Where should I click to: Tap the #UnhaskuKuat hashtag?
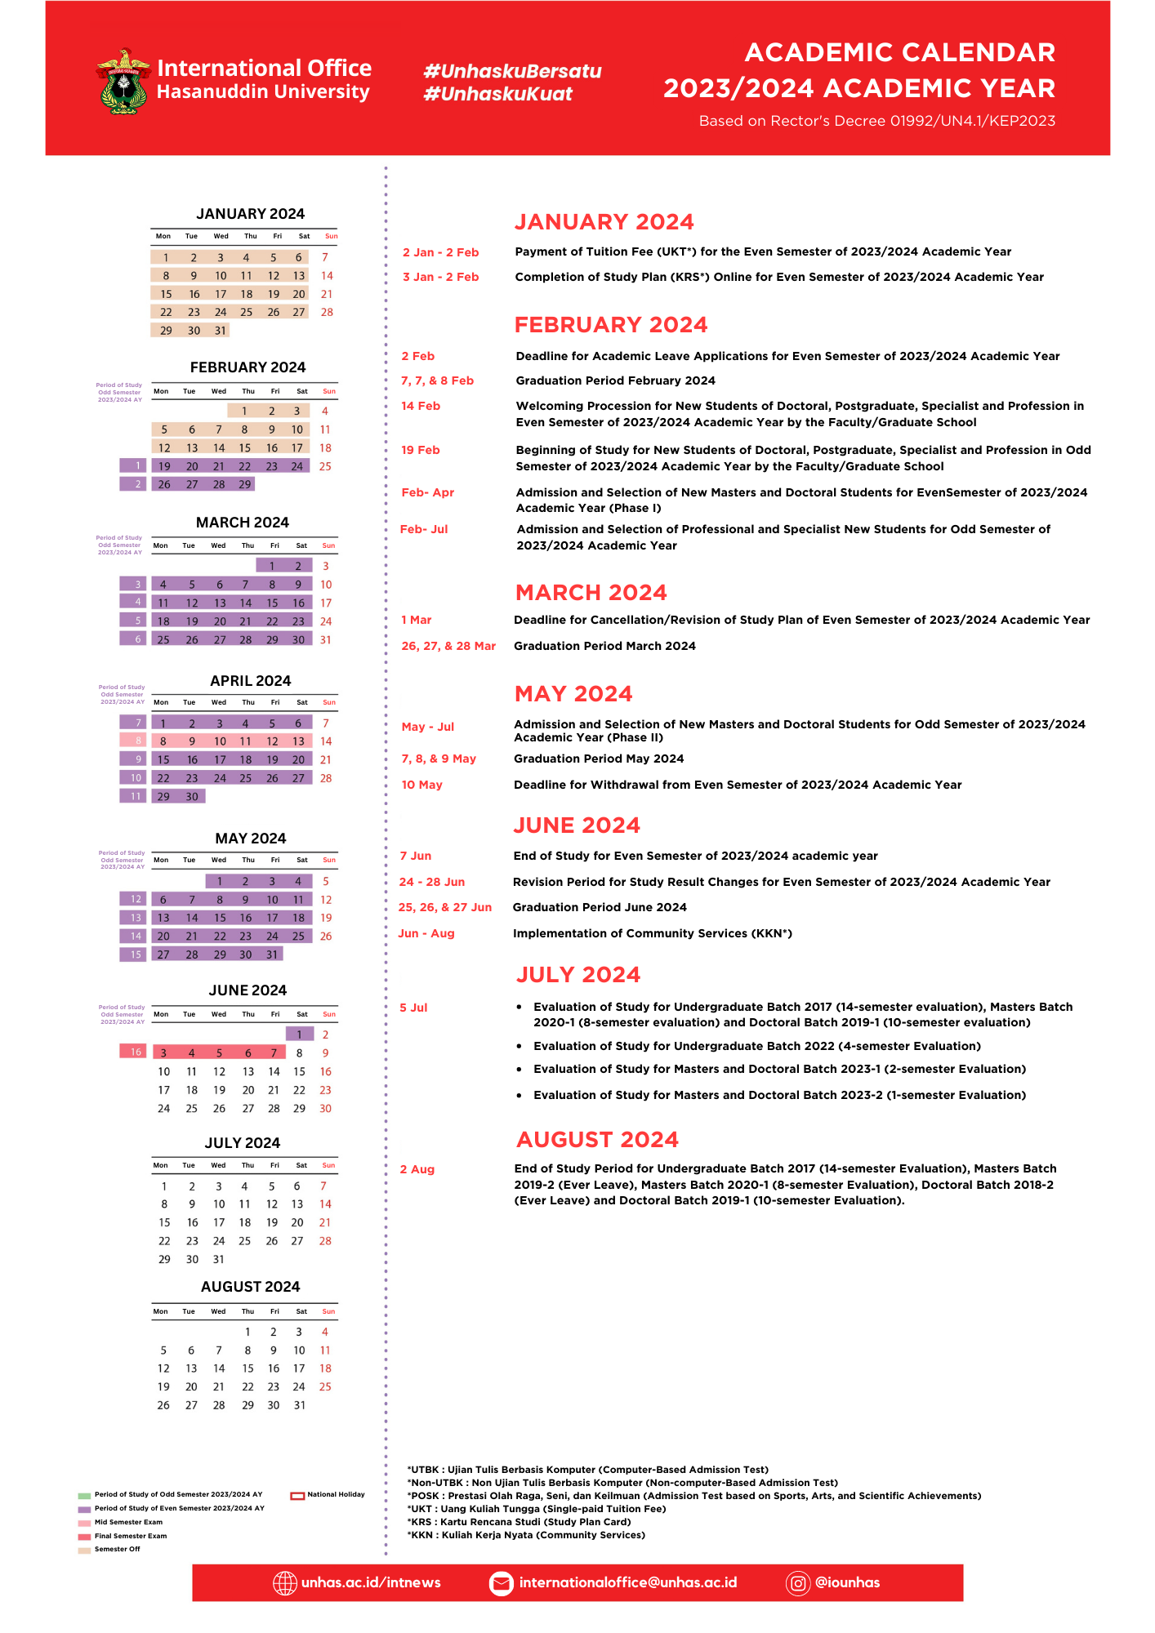497,94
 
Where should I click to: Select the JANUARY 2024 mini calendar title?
250,214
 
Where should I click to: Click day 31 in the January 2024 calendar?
220,331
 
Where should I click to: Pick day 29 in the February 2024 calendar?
244,484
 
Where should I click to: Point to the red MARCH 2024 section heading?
591,593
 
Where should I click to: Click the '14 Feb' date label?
421,406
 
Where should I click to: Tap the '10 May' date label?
421,785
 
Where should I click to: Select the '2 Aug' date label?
417,1169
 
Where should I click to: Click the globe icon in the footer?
284,1582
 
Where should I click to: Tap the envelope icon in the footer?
501,1582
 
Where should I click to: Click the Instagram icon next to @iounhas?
797,1582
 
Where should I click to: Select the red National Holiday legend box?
297,1495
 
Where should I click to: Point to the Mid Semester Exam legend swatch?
84,1523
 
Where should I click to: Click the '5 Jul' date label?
413,1008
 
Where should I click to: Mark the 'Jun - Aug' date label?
426,933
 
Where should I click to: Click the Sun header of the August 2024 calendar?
328,1311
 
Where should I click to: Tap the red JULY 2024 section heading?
577,975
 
